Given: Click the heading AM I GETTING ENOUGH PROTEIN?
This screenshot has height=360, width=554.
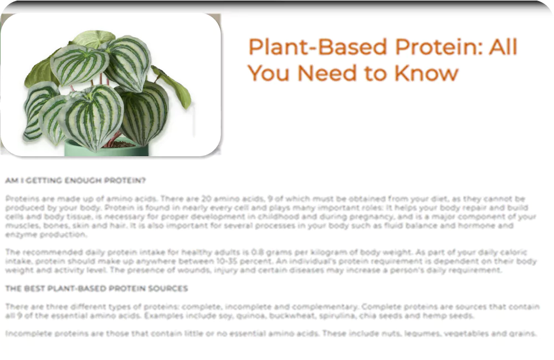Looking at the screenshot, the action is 75,181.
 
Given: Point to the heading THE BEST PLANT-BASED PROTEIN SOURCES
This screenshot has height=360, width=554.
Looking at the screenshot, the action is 96,289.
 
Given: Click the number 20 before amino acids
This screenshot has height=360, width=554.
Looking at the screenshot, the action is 206,198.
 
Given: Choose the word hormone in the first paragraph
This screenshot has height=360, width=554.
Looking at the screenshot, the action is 473,225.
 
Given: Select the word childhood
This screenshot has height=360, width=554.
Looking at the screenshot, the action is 279,217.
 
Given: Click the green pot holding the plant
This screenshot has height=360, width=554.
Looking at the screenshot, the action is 106,150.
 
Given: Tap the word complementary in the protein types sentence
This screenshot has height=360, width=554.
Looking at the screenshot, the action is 324,307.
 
